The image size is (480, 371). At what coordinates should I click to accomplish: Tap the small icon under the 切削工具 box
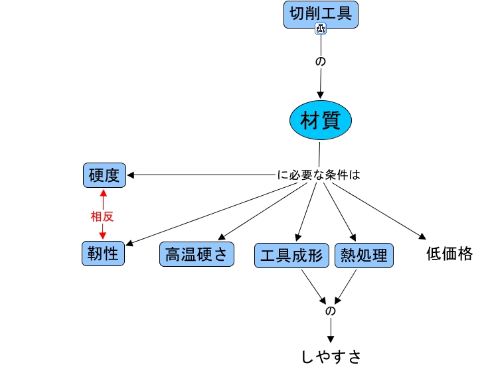321,28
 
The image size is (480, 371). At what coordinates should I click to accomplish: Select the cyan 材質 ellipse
321,121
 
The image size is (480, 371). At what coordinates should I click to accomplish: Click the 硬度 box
104,175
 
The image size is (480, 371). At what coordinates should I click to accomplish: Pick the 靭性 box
104,253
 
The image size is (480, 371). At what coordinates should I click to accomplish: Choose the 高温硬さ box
197,255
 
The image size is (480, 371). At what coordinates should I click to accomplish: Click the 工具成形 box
292,256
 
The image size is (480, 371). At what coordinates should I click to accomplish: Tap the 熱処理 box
364,256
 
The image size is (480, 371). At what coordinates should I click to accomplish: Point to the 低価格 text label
449,254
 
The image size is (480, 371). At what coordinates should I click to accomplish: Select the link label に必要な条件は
318,176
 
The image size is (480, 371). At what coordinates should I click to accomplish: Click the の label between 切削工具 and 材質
321,61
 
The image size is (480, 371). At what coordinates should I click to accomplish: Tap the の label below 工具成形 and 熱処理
330,311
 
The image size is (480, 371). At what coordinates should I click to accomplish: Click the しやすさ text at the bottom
331,356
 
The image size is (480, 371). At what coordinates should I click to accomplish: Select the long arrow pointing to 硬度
199,175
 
